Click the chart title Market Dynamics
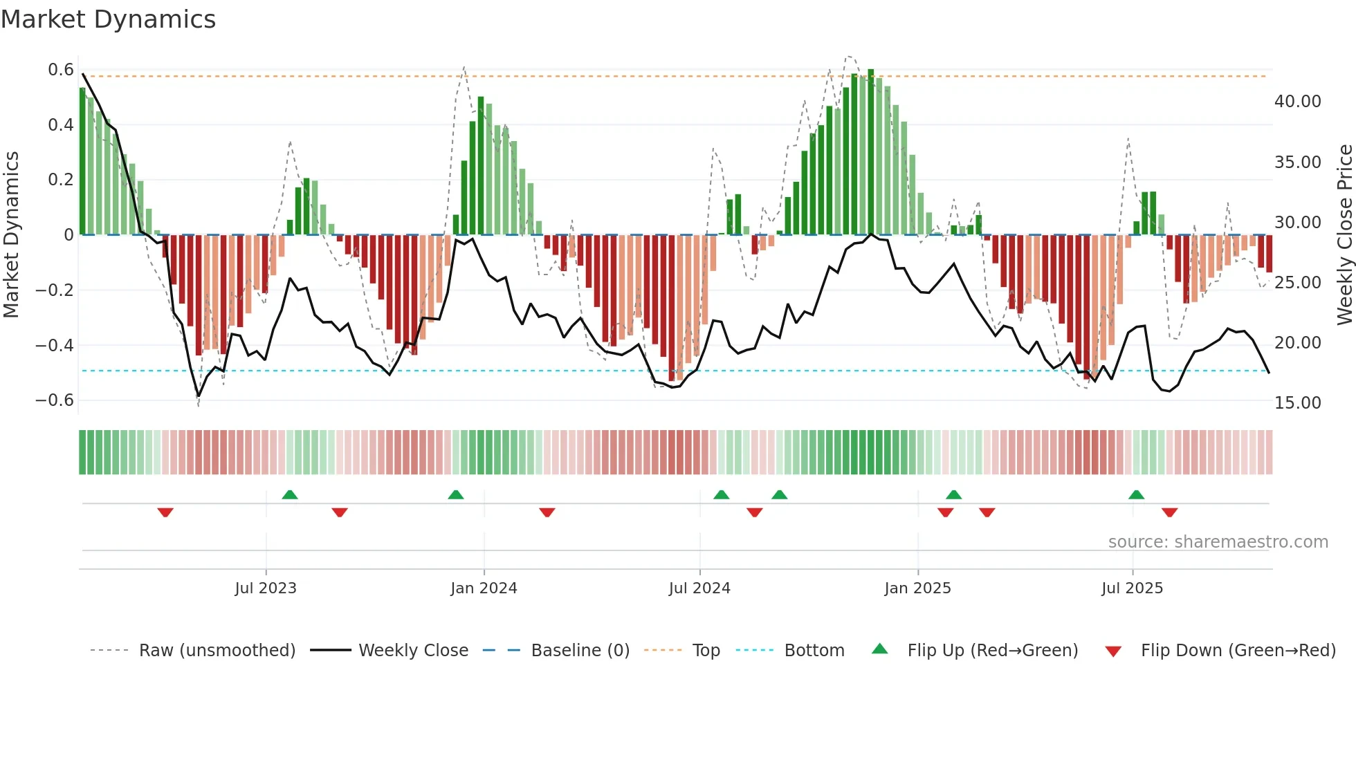point(108,19)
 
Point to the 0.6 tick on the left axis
point(61,70)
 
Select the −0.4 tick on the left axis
point(55,345)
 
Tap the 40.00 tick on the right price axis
point(1297,102)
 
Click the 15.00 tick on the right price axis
point(1297,403)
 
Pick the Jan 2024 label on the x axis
point(484,588)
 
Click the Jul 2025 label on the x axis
point(1132,588)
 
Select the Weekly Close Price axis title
point(1344,234)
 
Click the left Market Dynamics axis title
point(11,234)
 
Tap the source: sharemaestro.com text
point(1218,542)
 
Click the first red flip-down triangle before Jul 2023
point(165,512)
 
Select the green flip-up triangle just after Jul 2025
point(1136,494)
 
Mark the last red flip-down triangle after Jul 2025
point(1169,512)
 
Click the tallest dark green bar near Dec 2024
point(871,152)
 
